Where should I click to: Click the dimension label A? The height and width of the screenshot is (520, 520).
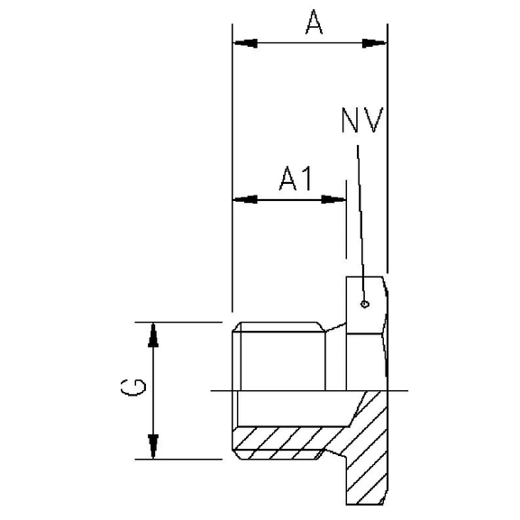(x=313, y=23)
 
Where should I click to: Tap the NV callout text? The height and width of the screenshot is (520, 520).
(x=362, y=120)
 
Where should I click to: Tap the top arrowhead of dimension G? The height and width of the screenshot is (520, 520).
(x=153, y=334)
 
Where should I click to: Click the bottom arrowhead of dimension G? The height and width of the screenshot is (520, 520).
(x=153, y=445)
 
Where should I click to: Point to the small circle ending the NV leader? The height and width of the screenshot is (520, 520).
(x=363, y=303)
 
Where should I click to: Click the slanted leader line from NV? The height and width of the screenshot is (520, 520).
(x=360, y=216)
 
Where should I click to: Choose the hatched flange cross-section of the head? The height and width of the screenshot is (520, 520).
(x=368, y=451)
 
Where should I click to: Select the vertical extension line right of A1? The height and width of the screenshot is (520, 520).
(x=345, y=225)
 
